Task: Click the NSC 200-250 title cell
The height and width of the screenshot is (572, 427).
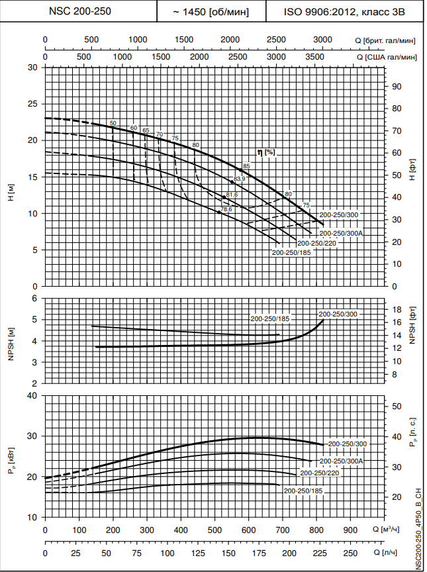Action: [80, 12]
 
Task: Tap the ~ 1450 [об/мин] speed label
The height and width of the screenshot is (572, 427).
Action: [211, 12]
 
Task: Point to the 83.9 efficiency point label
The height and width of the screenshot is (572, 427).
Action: [239, 179]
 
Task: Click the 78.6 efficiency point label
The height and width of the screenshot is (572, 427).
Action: [226, 209]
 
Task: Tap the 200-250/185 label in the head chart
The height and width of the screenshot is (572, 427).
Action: [291, 252]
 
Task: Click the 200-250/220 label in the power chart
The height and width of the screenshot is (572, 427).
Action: [320, 473]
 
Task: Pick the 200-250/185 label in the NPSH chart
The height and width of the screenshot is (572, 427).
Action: [271, 319]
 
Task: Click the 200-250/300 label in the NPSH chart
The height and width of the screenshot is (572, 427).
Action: [338, 314]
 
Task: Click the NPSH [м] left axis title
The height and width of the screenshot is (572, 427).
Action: [11, 340]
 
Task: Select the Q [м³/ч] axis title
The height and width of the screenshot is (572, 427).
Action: [399, 530]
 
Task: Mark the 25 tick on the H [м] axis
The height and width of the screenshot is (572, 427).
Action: [34, 104]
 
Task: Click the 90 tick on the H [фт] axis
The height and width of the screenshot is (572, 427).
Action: [397, 86]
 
